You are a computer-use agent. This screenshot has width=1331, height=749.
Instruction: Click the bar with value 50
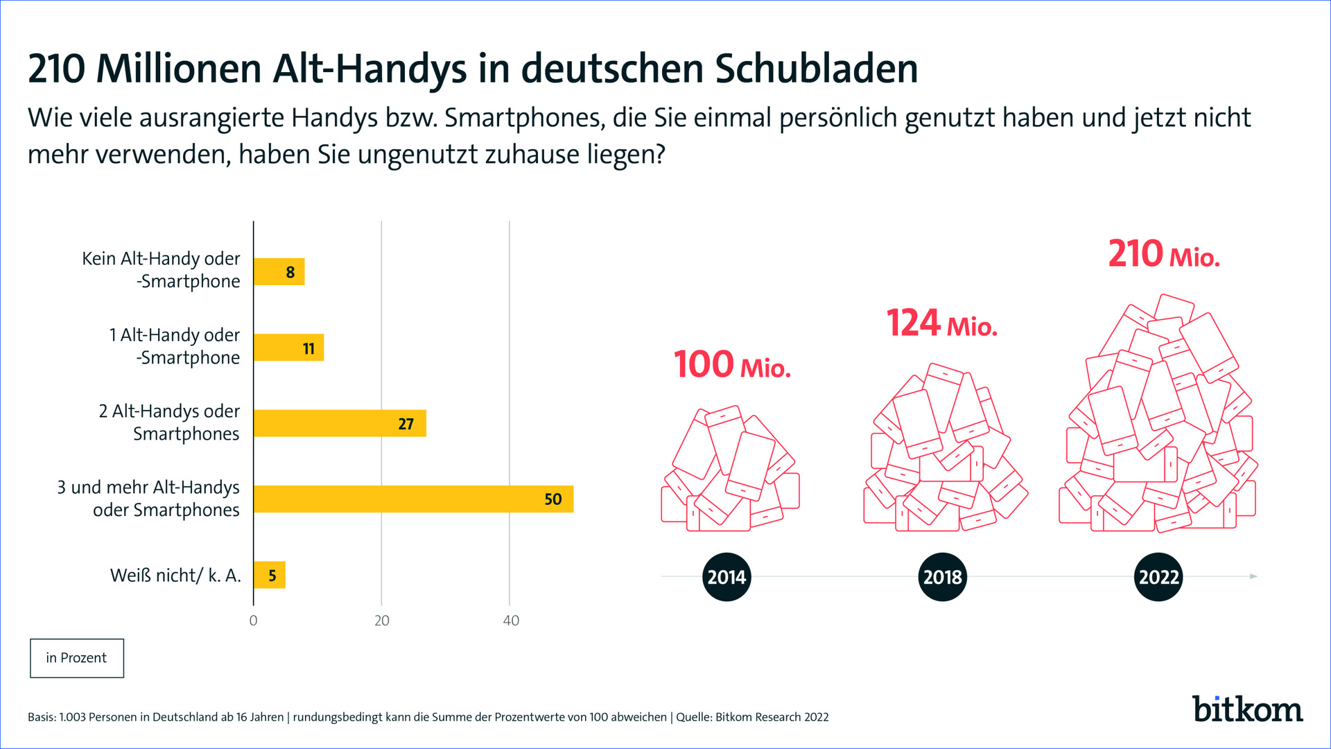[413, 499]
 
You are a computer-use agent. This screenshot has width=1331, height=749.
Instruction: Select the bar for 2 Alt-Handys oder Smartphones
[340, 423]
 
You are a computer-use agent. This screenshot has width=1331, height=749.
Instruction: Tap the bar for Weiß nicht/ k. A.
[269, 575]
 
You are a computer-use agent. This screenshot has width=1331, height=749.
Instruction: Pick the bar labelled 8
[279, 272]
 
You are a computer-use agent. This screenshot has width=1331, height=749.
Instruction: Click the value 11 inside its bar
[308, 348]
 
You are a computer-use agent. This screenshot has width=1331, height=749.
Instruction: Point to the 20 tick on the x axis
[382, 621]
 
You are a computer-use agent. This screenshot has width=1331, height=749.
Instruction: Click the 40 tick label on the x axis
[511, 621]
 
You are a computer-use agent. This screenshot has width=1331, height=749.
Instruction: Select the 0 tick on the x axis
[253, 621]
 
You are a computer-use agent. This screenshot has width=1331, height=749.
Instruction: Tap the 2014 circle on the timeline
[727, 577]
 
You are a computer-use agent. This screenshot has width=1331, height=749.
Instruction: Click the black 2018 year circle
[942, 577]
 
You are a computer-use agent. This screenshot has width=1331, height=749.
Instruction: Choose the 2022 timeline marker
[1158, 577]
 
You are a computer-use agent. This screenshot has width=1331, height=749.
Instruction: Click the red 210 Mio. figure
[1163, 254]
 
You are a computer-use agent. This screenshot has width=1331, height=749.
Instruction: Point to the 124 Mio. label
[941, 323]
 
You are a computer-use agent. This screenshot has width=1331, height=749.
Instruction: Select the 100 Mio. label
[732, 365]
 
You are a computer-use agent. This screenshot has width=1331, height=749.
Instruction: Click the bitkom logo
[1247, 709]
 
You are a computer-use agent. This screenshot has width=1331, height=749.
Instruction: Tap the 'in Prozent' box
[77, 658]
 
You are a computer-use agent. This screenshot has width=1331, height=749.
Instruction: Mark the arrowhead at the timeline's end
[1253, 576]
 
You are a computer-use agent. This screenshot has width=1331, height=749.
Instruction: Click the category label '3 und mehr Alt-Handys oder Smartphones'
[148, 499]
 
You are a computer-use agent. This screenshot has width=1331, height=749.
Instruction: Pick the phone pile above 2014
[730, 470]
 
